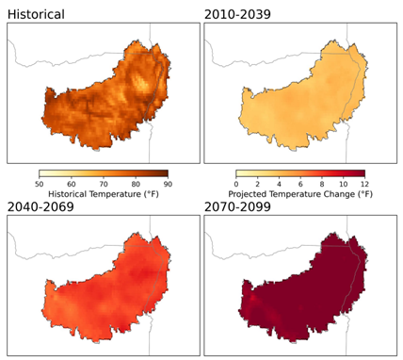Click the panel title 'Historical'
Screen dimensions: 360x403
click(x=37, y=14)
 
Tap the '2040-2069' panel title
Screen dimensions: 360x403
click(x=44, y=206)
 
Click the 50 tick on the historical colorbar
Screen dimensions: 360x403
click(x=39, y=185)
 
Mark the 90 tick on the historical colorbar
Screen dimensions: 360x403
click(x=168, y=185)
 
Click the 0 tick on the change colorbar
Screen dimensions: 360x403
click(x=235, y=185)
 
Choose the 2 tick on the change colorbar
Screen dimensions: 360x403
click(x=256, y=185)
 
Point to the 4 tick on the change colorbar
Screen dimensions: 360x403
click(x=278, y=185)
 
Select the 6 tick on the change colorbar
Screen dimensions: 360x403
click(x=299, y=185)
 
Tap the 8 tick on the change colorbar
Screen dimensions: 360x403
click(x=321, y=185)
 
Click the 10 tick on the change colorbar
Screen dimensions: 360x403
click(x=343, y=185)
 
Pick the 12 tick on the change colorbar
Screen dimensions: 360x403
click(x=364, y=185)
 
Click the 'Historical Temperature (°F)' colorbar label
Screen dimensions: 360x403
click(x=104, y=196)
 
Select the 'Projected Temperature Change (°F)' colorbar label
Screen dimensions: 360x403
click(x=299, y=196)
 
